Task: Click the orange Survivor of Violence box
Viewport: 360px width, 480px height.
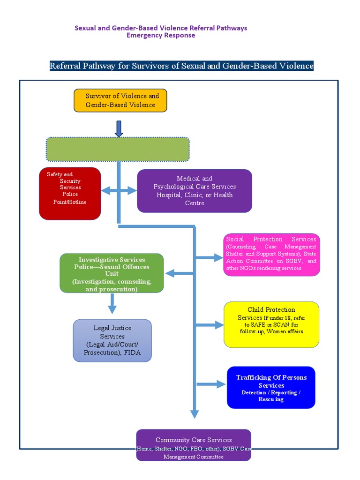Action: [x=120, y=100]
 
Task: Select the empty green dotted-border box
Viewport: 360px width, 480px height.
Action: [x=117, y=149]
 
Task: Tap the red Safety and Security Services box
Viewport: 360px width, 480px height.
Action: [x=70, y=193]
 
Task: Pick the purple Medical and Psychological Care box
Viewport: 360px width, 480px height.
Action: [x=194, y=191]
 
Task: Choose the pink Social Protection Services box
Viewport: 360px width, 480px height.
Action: [x=271, y=254]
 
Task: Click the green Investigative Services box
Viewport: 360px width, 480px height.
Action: [x=112, y=273]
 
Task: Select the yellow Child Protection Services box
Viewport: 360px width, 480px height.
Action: [x=271, y=324]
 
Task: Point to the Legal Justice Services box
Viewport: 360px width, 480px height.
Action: [x=112, y=340]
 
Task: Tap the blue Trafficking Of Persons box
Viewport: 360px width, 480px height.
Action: [x=270, y=387]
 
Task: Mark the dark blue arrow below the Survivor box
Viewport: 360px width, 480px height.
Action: [x=119, y=128]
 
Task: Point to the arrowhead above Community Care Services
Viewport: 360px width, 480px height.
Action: [x=195, y=413]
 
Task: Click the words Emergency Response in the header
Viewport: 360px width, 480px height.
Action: [x=161, y=35]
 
